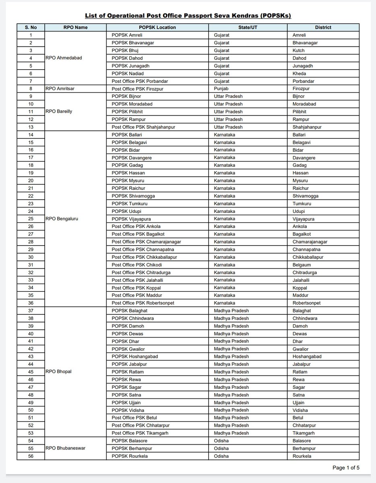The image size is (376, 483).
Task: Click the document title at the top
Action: point(188,16)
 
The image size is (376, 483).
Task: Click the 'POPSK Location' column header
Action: point(157,27)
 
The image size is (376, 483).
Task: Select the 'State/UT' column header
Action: point(248,27)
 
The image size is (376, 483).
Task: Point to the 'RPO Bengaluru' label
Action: point(62,219)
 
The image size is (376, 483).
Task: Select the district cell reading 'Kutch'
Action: point(298,50)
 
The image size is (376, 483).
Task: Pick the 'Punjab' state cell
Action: point(221,89)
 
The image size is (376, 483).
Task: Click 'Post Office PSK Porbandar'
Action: point(140,81)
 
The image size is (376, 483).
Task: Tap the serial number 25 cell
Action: point(31,219)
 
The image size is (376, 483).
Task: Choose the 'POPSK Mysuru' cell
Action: point(126,181)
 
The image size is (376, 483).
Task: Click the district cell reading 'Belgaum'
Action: point(302,265)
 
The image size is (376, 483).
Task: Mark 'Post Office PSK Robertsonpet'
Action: point(143,303)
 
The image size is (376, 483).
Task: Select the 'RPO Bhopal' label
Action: point(58,372)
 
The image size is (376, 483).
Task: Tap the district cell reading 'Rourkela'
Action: point(302,456)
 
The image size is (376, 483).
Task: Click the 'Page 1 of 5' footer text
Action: point(345,468)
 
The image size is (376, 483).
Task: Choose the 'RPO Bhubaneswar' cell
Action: point(66,448)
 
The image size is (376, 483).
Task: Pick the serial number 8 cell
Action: point(31,89)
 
